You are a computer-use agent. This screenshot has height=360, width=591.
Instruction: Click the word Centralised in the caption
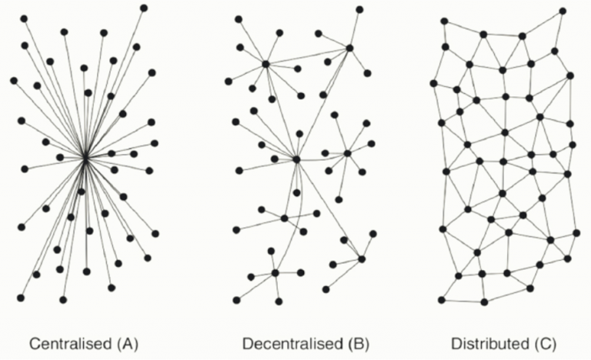71,344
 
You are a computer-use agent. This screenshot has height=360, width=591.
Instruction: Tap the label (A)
128,344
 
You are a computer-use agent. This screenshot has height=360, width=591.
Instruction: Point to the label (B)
358,344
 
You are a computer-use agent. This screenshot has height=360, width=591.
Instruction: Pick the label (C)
545,344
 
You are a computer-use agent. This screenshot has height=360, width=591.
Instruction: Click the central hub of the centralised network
85,158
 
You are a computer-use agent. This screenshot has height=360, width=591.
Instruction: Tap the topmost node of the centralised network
144,8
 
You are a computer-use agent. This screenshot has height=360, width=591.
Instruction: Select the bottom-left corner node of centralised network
21,298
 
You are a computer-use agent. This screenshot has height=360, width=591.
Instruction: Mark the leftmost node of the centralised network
14,80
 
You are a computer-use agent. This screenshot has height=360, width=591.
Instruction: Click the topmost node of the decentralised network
359,9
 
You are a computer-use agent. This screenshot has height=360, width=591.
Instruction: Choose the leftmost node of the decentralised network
229,81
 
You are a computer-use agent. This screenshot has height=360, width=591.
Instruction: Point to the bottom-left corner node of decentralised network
236,300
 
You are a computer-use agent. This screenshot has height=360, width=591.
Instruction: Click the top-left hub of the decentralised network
265,64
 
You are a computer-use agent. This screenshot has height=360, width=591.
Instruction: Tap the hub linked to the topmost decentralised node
349,48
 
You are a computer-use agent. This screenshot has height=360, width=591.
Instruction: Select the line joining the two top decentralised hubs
308,56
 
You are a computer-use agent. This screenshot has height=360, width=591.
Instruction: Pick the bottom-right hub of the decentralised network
362,259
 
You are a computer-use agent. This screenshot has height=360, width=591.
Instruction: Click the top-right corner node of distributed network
563,11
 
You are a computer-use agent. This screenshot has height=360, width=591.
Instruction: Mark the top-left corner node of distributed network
444,21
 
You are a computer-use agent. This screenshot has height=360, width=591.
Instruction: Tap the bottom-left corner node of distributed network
442,300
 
